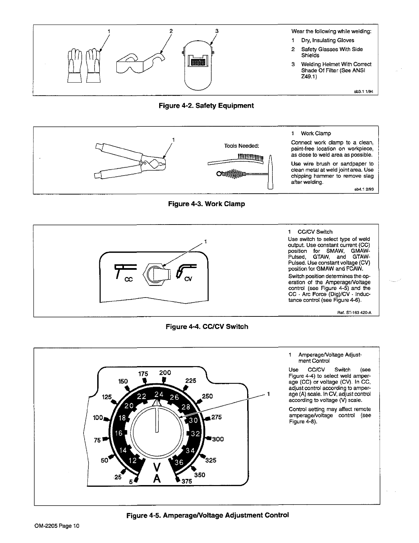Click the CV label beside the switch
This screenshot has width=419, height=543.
[x=188, y=279]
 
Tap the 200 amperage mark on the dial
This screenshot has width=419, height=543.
[x=165, y=373]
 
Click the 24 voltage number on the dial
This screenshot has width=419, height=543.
[x=159, y=394]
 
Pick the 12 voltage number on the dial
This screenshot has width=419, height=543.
[x=132, y=460]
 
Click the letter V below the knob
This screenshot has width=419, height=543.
[x=157, y=467]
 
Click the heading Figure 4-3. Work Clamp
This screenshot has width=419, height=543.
[x=206, y=204]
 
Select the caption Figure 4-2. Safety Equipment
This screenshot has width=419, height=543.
[x=206, y=106]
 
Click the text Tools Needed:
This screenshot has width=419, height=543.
[x=242, y=146]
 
